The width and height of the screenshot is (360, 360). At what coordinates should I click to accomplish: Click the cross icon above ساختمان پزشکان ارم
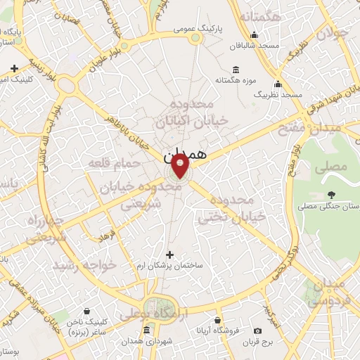169,255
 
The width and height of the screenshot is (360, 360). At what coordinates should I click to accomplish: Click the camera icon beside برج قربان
257,330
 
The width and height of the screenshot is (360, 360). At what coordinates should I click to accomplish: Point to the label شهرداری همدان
146,342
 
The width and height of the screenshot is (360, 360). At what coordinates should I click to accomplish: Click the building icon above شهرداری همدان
146,330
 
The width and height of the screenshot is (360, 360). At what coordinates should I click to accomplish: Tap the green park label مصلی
333,167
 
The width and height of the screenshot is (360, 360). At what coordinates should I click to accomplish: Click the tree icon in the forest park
331,195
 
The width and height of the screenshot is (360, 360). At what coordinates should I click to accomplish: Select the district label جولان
333,34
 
